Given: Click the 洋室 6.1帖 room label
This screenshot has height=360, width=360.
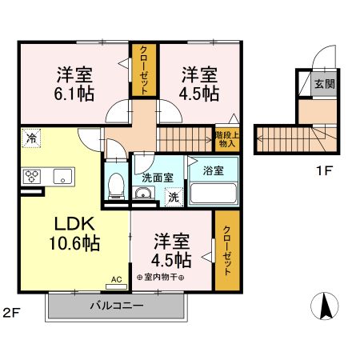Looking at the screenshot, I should [x=74, y=84].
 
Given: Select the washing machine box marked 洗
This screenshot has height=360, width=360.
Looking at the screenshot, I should [x=172, y=196].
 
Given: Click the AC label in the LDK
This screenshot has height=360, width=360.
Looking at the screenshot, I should [x=117, y=280].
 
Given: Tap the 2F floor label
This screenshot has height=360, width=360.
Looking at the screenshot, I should [x=11, y=312].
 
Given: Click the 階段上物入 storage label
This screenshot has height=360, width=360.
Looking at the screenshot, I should [x=226, y=139].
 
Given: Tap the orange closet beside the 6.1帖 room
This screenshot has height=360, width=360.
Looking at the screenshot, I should [x=144, y=69].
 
